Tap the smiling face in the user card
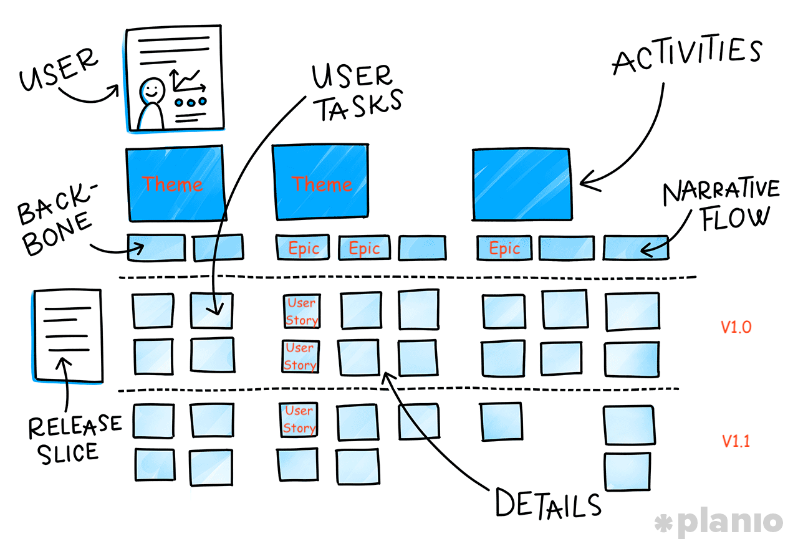pos(151,90)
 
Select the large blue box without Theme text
pos(521,184)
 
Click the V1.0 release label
pos(736,327)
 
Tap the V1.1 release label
pos(736,441)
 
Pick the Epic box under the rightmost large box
pos(504,249)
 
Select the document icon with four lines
pos(67,335)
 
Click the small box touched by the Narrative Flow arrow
pos(635,249)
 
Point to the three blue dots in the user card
pos(190,102)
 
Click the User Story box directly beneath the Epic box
pos(302,311)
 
